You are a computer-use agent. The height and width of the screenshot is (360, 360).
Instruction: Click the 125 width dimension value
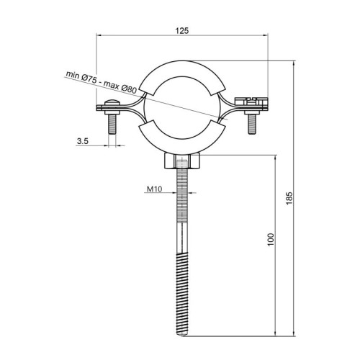click(182, 31)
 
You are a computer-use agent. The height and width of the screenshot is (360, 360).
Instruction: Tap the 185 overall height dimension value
click(289, 198)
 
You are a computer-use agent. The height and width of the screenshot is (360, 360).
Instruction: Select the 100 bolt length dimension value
click(270, 239)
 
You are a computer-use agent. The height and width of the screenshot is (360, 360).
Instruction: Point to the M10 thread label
click(155, 189)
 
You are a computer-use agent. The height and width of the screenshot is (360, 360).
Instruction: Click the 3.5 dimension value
click(83, 141)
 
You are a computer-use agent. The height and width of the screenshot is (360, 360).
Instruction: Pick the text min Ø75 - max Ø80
click(102, 82)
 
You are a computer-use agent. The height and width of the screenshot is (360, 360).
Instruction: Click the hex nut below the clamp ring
click(182, 161)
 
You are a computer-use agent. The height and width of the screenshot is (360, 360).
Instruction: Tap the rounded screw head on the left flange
click(112, 103)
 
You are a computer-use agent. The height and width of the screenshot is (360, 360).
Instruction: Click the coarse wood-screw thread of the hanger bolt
click(182, 292)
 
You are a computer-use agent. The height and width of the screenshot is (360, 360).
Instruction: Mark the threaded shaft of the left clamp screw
click(112, 124)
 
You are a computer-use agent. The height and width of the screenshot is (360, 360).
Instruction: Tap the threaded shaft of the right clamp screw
click(251, 124)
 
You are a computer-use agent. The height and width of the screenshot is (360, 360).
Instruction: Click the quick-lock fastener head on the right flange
click(251, 102)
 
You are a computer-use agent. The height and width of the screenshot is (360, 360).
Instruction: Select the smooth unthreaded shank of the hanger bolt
click(182, 238)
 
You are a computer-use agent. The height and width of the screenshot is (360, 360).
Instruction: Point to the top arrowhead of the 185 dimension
click(294, 63)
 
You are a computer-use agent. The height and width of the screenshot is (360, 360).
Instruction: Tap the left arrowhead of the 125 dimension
click(99, 35)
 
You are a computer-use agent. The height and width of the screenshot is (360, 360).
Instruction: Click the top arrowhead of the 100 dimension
click(275, 158)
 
